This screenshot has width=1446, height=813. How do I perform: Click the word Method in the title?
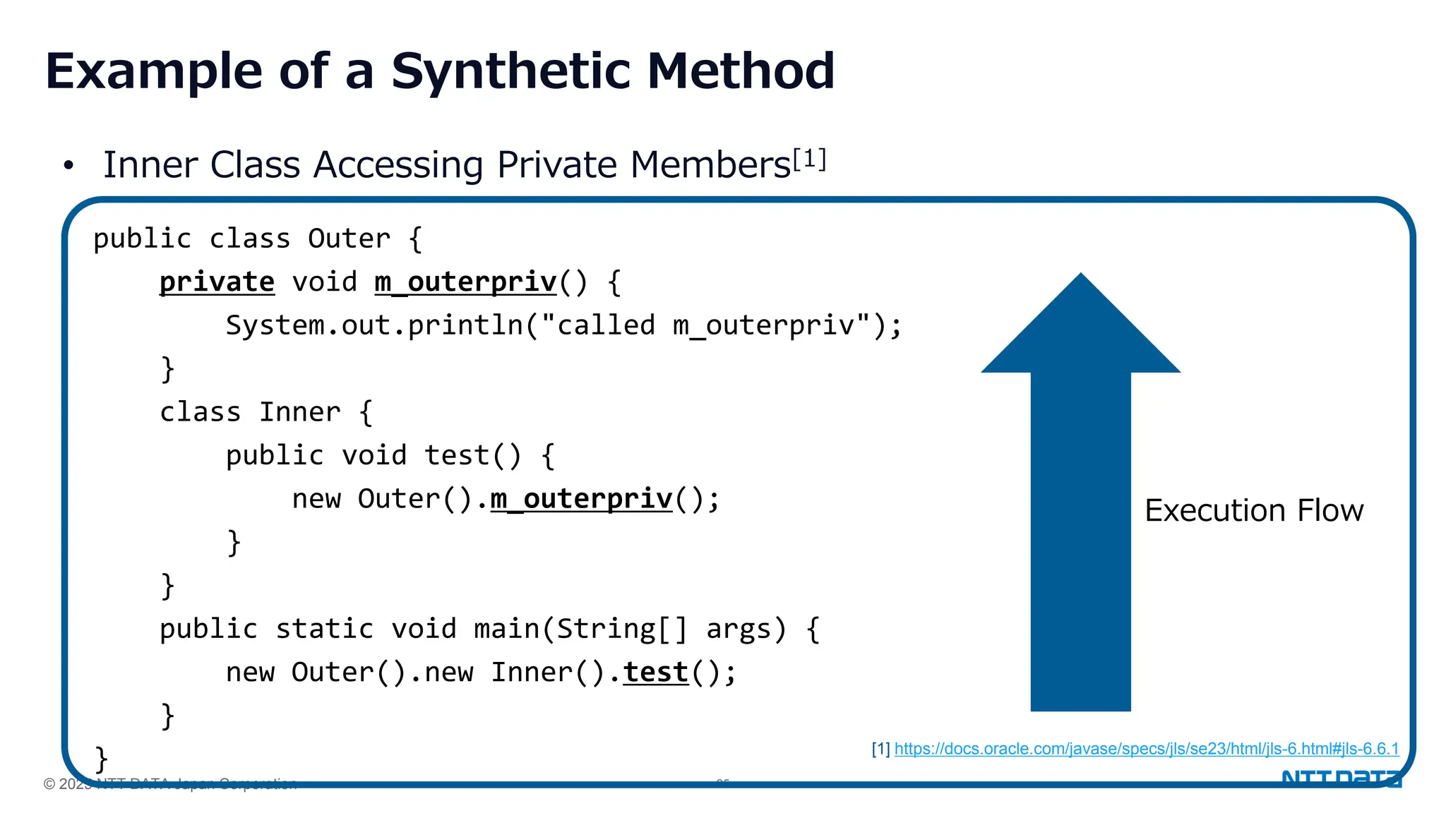[x=741, y=72]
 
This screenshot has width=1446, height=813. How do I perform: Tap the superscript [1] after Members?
[x=809, y=159]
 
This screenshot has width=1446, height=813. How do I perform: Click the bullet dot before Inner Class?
[x=68, y=167]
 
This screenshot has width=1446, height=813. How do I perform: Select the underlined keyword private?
[x=217, y=282]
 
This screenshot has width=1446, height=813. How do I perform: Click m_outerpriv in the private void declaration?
[x=466, y=282]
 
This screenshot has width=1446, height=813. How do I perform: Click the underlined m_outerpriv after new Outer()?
[x=581, y=499]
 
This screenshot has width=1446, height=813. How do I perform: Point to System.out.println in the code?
[x=374, y=326]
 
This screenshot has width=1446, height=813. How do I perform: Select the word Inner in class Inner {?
[x=299, y=412]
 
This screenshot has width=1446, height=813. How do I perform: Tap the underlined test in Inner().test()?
[x=655, y=673]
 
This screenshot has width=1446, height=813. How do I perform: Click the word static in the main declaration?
[x=324, y=629]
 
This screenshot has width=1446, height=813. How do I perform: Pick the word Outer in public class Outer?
[x=349, y=239]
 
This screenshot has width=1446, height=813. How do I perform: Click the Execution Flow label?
[x=1254, y=510]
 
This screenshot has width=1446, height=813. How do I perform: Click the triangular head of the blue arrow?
[x=1080, y=332]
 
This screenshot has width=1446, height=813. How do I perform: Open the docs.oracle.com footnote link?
[x=1146, y=749]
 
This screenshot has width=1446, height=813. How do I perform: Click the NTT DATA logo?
[x=1341, y=779]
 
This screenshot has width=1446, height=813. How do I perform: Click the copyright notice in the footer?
[x=169, y=783]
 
